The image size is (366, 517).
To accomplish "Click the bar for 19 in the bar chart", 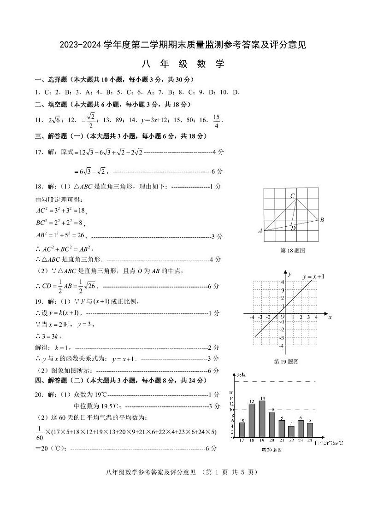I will (x=262, y=419).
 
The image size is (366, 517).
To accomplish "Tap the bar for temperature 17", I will (x=242, y=429).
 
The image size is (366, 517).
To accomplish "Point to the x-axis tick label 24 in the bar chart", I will (x=310, y=441).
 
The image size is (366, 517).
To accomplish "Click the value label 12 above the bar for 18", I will (x=252, y=401).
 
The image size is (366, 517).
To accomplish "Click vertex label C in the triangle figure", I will (x=292, y=196).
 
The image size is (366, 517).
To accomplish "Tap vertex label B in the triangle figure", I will (x=322, y=220).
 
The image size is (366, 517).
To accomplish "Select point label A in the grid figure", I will (x=260, y=231).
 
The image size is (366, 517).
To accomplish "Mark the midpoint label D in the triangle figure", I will (x=293, y=228).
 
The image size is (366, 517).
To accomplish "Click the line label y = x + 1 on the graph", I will (x=313, y=276).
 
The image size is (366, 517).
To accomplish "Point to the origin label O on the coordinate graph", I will (x=282, y=317).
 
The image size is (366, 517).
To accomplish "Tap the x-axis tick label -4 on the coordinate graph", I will (x=252, y=317).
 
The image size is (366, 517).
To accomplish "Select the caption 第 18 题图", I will (x=293, y=250).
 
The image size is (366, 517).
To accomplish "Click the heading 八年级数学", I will (x=183, y=64).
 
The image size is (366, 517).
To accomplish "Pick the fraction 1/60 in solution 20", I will (x=39, y=432).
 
